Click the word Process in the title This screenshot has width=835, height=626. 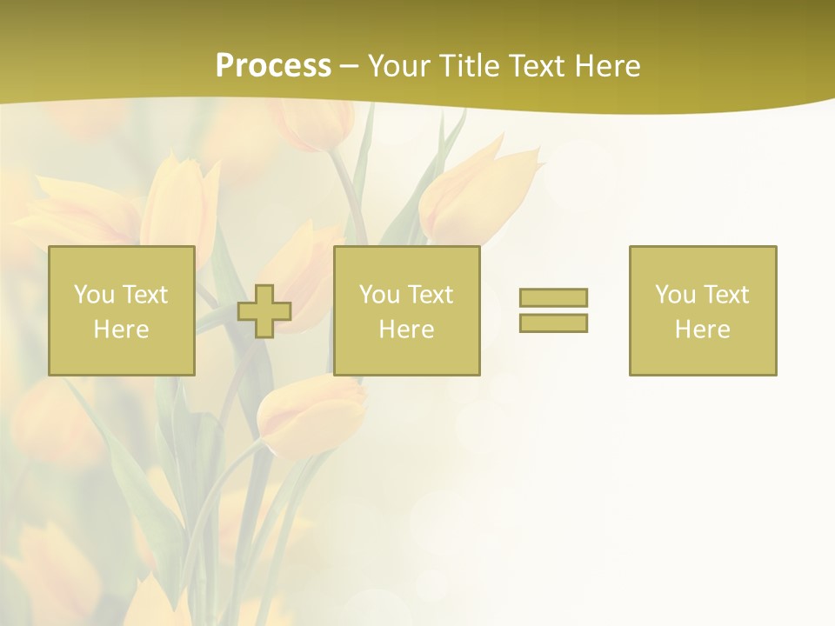[273, 66]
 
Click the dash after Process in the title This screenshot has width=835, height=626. [350, 67]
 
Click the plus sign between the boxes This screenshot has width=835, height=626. [264, 311]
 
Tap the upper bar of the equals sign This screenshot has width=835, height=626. [553, 297]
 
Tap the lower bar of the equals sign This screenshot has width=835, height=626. [553, 323]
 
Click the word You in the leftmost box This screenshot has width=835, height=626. [94, 295]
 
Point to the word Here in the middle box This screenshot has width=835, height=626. [406, 330]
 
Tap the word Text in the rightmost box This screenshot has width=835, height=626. [726, 295]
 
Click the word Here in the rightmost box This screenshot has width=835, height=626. [702, 330]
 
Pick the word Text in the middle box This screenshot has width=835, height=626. [431, 295]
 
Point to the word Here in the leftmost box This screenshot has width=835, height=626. [121, 330]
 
